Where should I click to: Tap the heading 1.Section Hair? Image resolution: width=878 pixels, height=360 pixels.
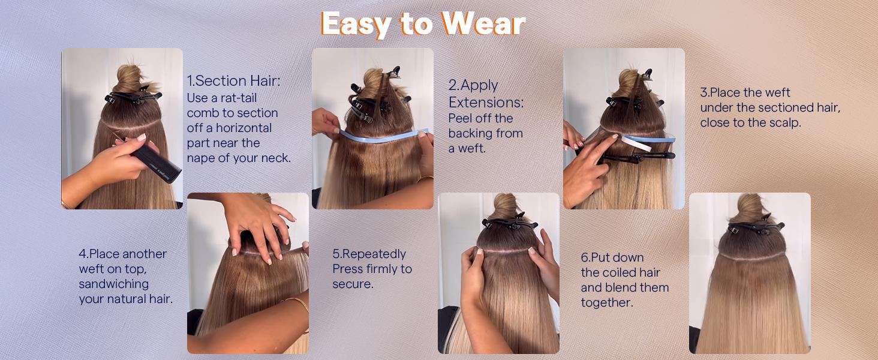[x=234, y=81]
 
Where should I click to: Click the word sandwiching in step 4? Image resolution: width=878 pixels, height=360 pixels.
[x=114, y=284]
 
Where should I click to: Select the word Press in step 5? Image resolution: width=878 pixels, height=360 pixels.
[x=347, y=269]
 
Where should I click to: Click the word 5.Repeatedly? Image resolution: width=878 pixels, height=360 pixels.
[x=369, y=254]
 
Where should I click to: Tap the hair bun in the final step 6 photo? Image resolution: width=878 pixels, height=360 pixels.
[x=749, y=207]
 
